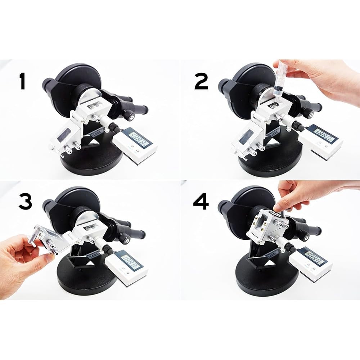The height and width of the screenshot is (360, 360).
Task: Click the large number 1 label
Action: coord(22,81)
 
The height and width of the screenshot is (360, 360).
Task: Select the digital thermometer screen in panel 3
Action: coord(130,260)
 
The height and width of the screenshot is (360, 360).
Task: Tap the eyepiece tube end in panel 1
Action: coord(47,85)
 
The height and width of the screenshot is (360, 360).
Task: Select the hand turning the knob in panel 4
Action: coord(299,194)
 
